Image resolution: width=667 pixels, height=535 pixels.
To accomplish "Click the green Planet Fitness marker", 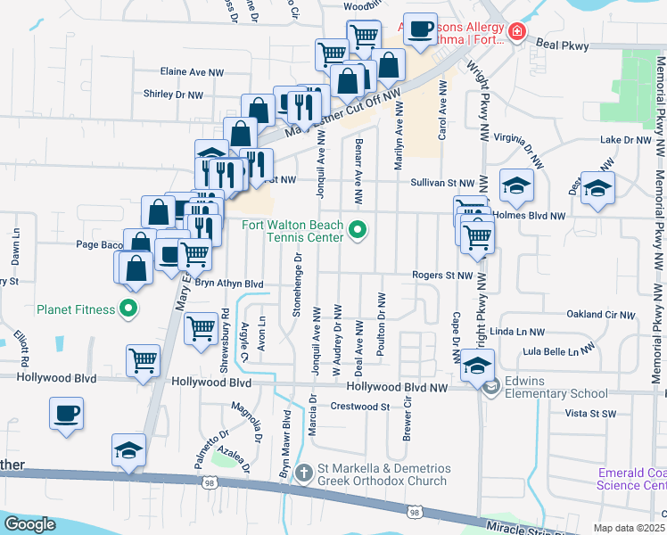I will (x=128, y=310).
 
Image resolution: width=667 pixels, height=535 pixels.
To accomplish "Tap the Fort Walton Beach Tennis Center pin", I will (x=358, y=231).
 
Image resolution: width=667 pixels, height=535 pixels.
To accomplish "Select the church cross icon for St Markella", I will (x=303, y=472).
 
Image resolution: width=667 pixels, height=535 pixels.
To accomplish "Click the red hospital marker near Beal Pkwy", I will (x=516, y=33).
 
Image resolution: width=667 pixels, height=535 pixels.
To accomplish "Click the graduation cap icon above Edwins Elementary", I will (x=477, y=364).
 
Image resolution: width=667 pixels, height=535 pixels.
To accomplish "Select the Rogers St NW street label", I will (x=441, y=276).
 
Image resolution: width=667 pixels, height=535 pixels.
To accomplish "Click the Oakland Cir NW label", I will (x=599, y=315).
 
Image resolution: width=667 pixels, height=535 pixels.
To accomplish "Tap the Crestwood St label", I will (x=360, y=407).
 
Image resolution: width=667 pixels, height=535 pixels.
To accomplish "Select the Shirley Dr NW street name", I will (x=173, y=94).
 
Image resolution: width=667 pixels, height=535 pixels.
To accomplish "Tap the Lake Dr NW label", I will (x=626, y=140).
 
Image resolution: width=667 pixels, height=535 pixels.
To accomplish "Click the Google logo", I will (x=29, y=524).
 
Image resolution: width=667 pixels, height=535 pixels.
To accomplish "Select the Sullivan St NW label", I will (x=441, y=182).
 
